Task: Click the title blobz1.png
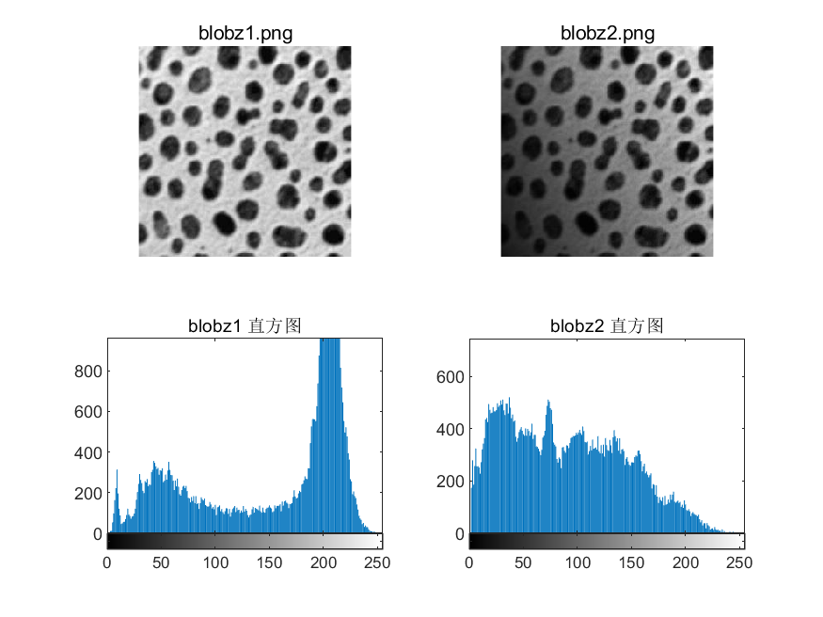245,33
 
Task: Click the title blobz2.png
607,33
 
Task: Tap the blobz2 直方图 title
607,326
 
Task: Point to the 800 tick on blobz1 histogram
87,372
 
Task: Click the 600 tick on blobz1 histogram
87,412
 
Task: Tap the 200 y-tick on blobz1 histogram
87,493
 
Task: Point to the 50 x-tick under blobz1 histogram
162,562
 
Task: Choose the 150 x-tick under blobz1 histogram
271,562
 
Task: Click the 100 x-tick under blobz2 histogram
578,562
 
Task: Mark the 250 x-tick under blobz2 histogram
740,562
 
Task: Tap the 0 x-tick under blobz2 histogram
469,562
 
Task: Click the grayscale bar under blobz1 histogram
245,541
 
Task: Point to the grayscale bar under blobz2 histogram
607,541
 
